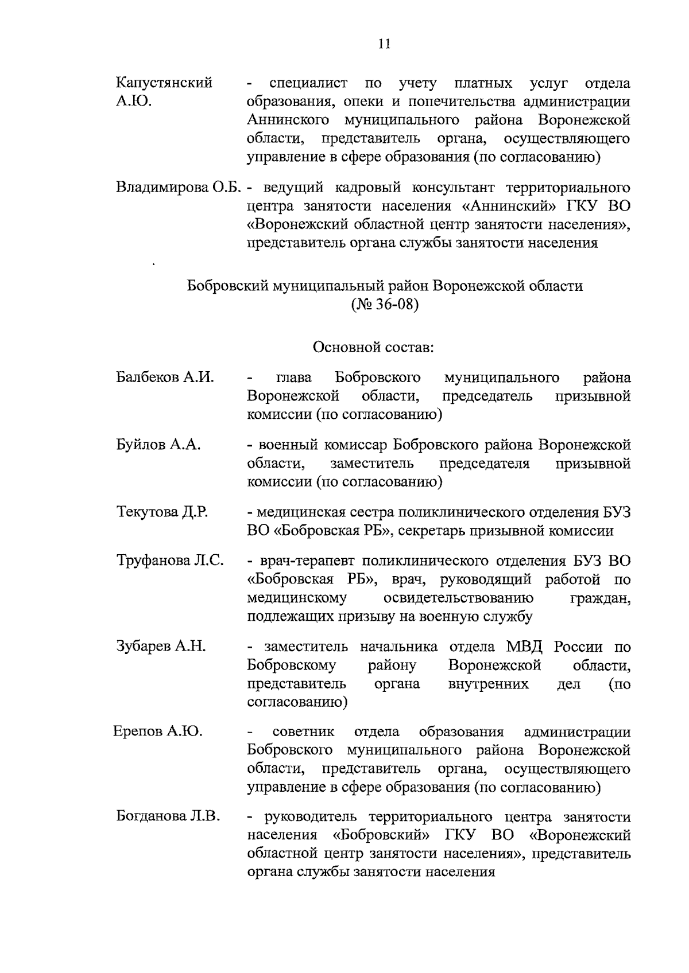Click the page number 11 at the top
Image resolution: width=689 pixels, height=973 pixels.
[384, 44]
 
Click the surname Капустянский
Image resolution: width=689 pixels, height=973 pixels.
[164, 83]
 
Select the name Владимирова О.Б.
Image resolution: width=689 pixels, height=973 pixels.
[177, 188]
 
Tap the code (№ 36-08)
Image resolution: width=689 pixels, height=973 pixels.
[384, 304]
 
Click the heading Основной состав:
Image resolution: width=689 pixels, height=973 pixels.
[373, 347]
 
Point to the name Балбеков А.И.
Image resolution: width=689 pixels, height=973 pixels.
[165, 377]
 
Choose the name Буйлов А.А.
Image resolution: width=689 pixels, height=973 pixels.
[158, 445]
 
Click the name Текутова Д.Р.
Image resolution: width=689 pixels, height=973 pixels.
[162, 512]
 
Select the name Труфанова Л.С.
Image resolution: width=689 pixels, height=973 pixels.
[170, 561]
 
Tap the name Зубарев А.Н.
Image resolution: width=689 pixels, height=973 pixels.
[161, 647]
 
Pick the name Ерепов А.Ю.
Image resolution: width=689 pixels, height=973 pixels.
[158, 731]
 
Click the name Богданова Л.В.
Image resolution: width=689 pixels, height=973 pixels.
[168, 816]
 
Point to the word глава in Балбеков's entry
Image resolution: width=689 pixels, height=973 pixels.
[294, 378]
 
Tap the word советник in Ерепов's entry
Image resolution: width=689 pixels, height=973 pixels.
[303, 732]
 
